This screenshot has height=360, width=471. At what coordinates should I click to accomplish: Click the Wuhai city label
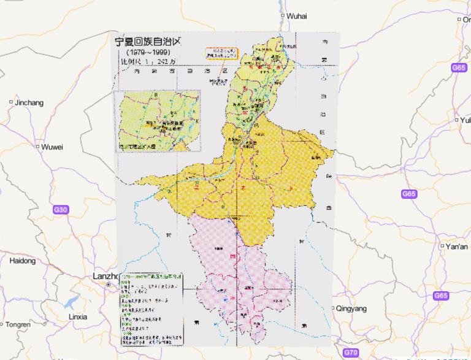tap(297, 16)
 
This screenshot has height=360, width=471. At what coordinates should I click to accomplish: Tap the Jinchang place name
tap(29, 102)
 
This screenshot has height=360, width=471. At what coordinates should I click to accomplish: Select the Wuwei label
tap(52, 147)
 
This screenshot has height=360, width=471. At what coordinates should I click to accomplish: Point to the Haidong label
tap(23, 261)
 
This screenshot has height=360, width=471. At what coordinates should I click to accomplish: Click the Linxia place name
tap(78, 317)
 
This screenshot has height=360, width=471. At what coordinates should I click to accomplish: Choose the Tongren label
tap(18, 324)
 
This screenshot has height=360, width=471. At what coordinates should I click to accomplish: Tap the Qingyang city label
tap(352, 308)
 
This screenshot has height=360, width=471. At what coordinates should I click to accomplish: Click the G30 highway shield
tap(61, 210)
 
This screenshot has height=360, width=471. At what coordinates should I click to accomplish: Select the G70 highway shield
tap(351, 353)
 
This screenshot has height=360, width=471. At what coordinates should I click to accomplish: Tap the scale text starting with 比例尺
tap(147, 61)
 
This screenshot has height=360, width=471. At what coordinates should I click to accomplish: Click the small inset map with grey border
tap(161, 121)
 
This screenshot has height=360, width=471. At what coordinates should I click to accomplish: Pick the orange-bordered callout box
tap(221, 52)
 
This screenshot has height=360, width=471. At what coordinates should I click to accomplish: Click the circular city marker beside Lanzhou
tap(108, 285)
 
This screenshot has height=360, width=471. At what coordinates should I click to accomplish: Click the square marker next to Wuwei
tap(37, 147)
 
